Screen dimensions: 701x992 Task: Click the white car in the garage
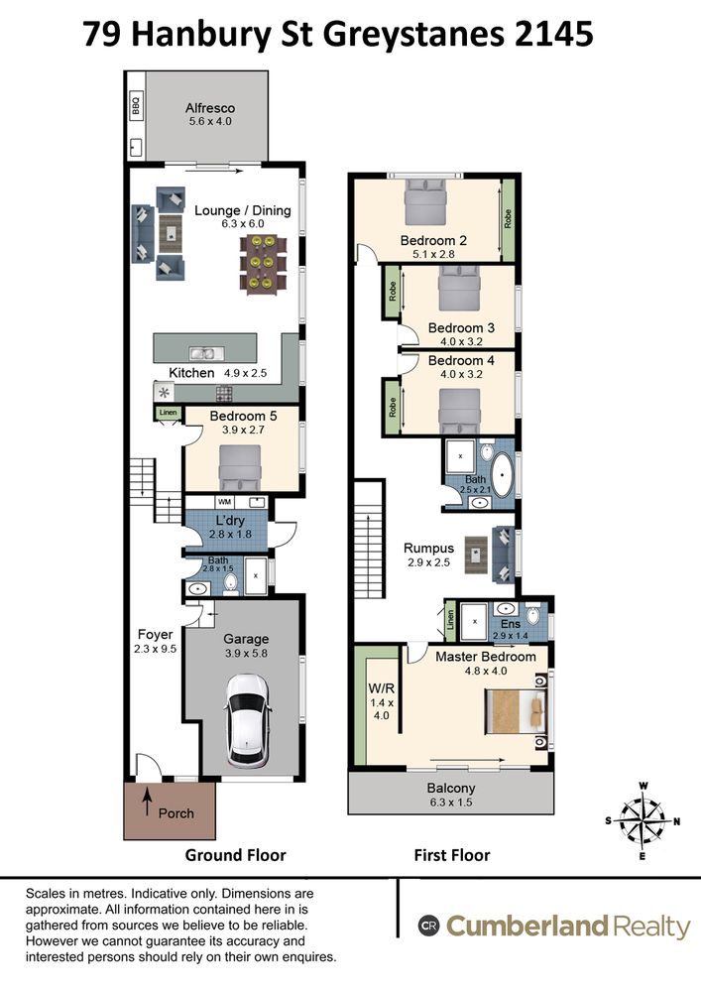(x=249, y=720)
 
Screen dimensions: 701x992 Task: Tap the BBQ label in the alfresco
(x=135, y=104)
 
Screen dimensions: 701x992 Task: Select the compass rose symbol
(x=643, y=821)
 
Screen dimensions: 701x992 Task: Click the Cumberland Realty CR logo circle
(x=428, y=926)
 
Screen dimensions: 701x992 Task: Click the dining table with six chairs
(x=263, y=263)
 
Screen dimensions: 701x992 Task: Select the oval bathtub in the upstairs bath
(x=504, y=474)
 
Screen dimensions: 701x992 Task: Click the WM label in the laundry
(x=224, y=502)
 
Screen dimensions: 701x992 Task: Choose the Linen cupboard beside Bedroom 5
(x=169, y=413)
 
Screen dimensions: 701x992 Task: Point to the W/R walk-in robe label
(x=381, y=688)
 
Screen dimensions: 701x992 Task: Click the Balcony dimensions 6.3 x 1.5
(x=451, y=803)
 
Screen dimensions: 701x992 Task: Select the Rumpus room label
(x=428, y=548)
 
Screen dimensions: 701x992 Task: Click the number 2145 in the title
(x=554, y=34)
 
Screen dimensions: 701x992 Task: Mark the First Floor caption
(x=452, y=855)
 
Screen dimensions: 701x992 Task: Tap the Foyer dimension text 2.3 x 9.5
(x=155, y=649)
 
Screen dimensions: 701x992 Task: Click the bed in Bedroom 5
(x=240, y=467)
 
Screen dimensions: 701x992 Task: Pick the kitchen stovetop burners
(x=224, y=394)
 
